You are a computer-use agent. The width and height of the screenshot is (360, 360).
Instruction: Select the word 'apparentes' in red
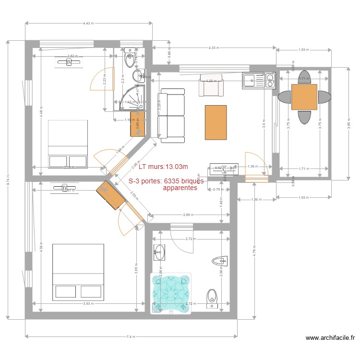[180, 189]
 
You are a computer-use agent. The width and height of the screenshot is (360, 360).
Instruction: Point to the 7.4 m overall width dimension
[130, 337]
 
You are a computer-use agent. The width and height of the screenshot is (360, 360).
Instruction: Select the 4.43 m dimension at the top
[88, 23]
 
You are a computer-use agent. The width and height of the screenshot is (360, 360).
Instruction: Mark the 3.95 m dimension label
[349, 123]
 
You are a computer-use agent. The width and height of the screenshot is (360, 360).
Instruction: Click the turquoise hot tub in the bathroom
[171, 293]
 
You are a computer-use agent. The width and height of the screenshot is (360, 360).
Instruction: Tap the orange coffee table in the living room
[216, 123]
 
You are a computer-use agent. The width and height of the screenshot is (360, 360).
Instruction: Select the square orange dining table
[304, 97]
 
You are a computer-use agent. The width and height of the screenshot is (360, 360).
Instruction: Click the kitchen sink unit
[259, 80]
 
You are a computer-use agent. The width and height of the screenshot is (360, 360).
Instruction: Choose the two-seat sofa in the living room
[172, 115]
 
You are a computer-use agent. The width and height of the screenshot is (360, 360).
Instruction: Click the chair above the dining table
[304, 76]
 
